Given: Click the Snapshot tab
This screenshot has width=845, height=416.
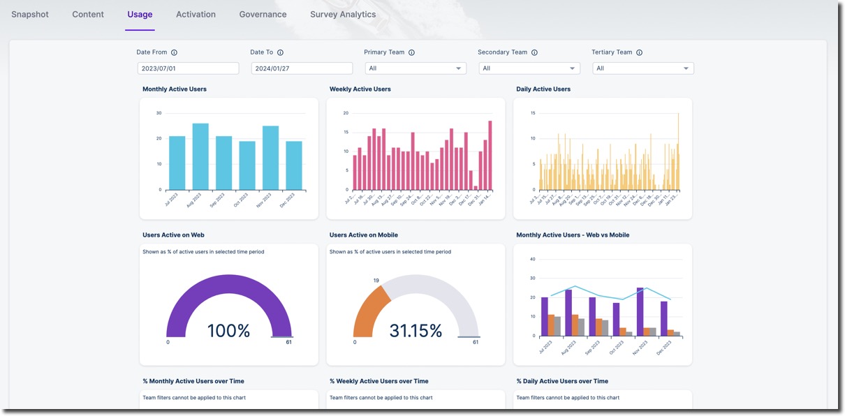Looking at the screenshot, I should click(30, 14).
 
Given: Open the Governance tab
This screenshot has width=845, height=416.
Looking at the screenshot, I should click(263, 14).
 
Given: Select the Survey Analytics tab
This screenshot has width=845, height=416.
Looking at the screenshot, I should click(343, 14).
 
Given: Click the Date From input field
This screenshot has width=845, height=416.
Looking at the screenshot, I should click(188, 68).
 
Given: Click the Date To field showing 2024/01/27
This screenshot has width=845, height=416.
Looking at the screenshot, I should click(302, 68).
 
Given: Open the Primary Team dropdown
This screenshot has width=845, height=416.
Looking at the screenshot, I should click(416, 68).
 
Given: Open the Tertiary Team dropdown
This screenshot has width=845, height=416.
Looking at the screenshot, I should click(642, 68).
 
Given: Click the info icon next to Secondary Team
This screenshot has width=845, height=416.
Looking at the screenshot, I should click(534, 52).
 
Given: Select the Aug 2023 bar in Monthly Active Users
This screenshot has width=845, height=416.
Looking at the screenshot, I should click(200, 156).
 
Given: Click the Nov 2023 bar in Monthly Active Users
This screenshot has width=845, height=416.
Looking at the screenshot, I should click(271, 158).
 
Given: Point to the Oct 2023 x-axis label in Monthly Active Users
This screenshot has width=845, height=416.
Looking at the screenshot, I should click(241, 200).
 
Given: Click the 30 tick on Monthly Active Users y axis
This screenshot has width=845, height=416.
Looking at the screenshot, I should click(159, 113).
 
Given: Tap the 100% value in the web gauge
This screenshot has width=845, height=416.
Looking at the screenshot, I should click(228, 331).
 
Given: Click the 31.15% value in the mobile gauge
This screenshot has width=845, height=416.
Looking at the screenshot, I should click(416, 331).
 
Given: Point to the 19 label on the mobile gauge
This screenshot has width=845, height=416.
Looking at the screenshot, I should click(376, 281).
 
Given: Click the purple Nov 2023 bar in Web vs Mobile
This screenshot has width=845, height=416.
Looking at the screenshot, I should click(640, 312).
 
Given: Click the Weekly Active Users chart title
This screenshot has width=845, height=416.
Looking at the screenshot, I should click(360, 89).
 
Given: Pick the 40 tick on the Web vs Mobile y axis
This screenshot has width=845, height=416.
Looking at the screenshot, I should click(532, 259).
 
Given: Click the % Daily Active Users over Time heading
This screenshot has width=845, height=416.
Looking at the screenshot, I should click(561, 381).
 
